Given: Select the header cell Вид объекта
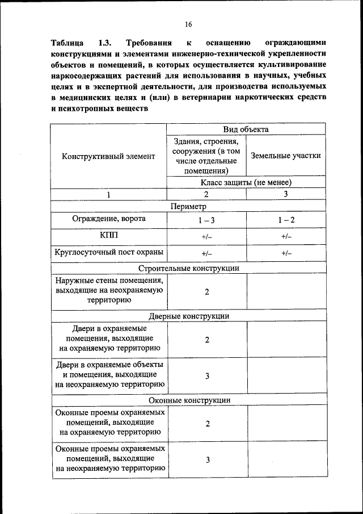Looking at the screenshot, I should [x=246, y=129].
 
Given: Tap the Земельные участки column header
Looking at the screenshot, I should [x=286, y=155].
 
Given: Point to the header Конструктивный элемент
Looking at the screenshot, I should [x=108, y=155].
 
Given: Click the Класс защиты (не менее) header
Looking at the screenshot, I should [x=246, y=182].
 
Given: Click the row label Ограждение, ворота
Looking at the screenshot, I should [x=108, y=219].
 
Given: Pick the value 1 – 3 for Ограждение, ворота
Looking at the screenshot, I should [x=206, y=220].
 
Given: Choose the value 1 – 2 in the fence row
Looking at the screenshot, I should [x=286, y=220].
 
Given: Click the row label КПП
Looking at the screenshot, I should [x=108, y=235].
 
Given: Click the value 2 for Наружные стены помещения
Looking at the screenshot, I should [x=207, y=291].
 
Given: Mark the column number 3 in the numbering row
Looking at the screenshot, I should [x=286, y=194].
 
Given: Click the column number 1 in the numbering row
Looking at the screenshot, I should [x=108, y=194].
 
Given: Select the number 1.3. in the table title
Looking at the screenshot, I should [x=105, y=43].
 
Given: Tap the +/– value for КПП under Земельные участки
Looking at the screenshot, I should [x=286, y=236].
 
